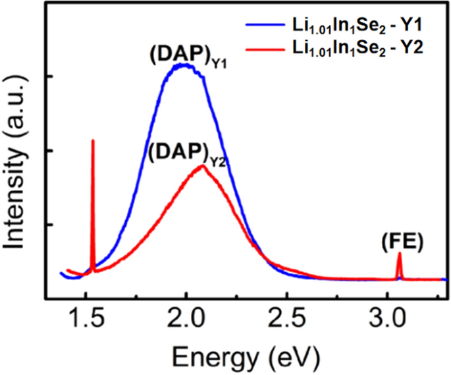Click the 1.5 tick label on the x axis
click(86, 321)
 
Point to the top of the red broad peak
click(203, 166)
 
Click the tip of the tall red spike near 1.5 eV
click(92, 140)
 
